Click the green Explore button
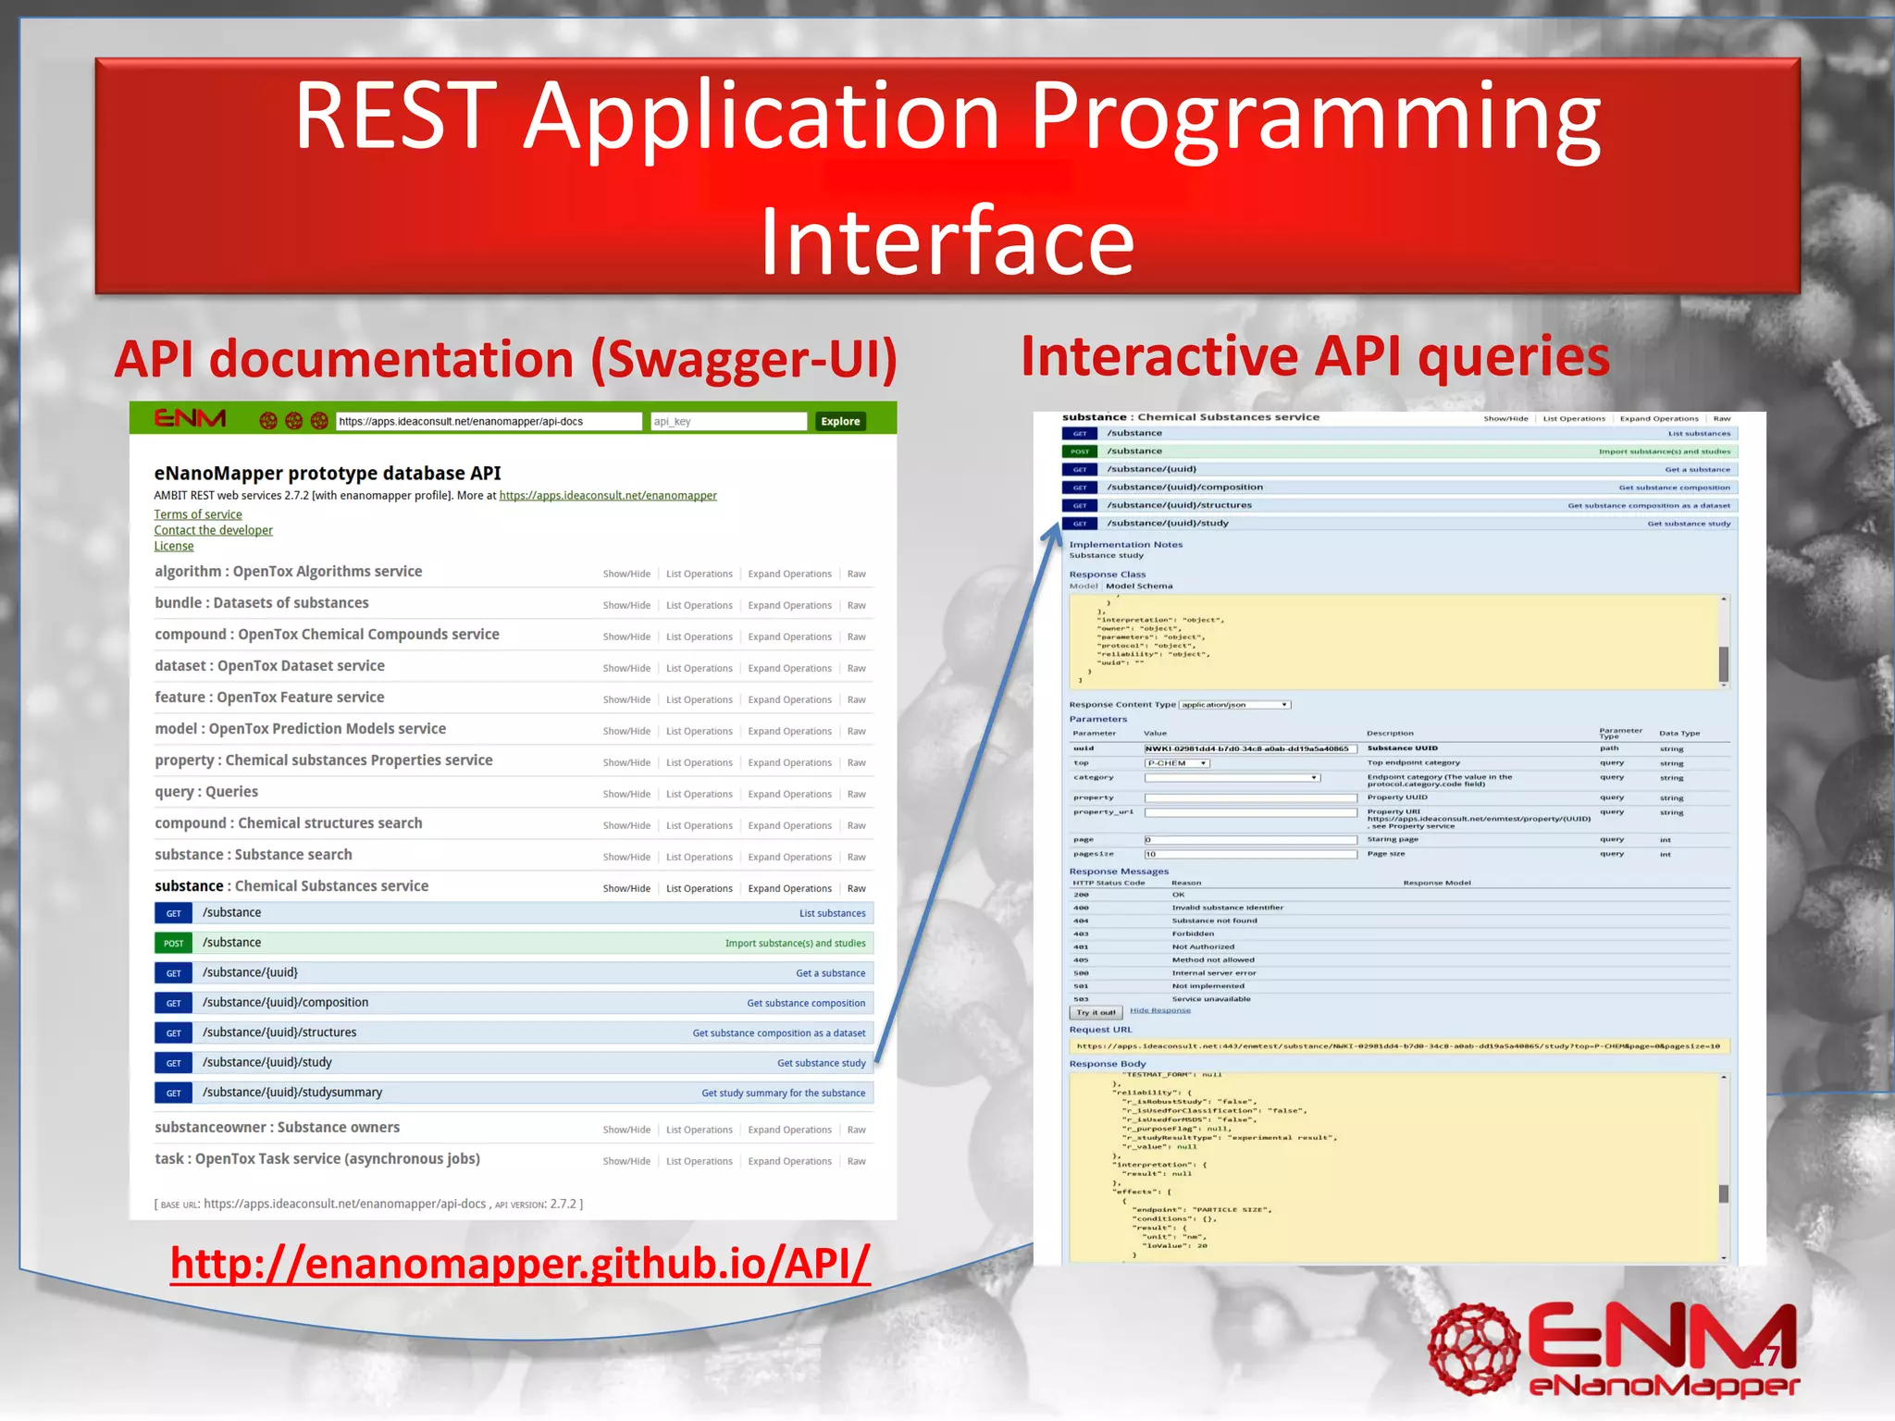[840, 421]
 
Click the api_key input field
[728, 421]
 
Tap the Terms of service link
[198, 514]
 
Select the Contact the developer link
[213, 530]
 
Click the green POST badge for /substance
[173, 943]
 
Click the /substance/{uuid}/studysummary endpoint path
[292, 1092]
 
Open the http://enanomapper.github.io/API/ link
[520, 1264]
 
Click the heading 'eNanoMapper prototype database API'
[328, 473]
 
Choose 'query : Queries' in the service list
[206, 792]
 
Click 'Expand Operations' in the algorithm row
[789, 574]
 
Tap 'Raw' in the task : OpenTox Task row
[857, 1161]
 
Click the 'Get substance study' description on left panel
[821, 1063]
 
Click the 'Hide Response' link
[1160, 1010]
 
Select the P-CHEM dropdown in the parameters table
[1177, 763]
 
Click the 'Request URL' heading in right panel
[1100, 1030]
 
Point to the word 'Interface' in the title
[947, 242]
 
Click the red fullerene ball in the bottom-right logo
[1474, 1348]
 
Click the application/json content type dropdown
[1234, 705]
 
